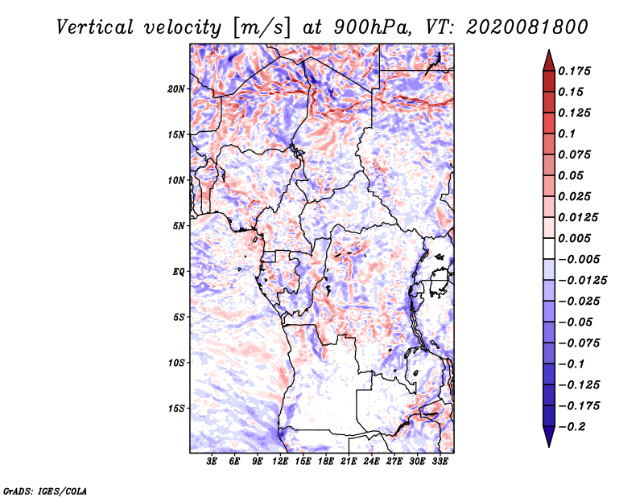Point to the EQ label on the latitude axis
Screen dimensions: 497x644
click(x=179, y=272)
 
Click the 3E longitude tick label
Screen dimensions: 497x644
click(x=213, y=462)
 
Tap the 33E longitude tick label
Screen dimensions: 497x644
click(x=440, y=462)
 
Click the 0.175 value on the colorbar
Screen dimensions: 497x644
click(x=576, y=72)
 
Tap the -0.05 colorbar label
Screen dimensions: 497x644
click(x=576, y=322)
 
